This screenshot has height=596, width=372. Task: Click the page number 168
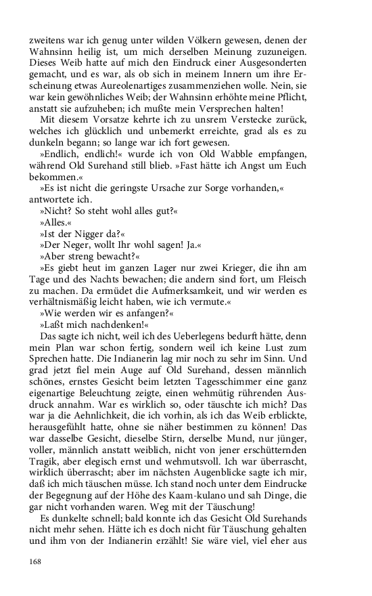36,561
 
